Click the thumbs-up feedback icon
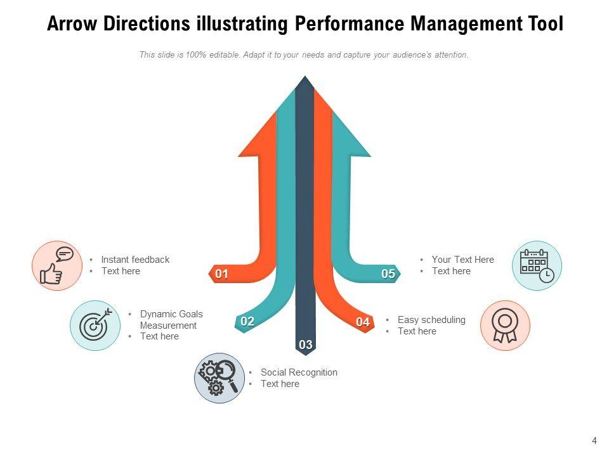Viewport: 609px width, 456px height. coord(57,265)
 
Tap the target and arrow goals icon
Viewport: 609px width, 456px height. coord(95,325)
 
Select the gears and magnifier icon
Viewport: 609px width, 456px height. coord(219,377)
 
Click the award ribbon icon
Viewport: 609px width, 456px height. coord(505,325)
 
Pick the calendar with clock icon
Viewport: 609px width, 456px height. coord(537,265)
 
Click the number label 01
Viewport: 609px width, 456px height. coord(221,274)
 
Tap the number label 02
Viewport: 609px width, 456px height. coord(247,322)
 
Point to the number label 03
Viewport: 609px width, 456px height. coord(306,345)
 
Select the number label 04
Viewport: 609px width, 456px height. coord(363,322)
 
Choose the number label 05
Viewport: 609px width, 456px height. coord(388,274)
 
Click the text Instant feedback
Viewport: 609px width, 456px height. coord(135,260)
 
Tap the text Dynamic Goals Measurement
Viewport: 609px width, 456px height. coord(171,320)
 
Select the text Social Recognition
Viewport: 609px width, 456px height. coord(299,372)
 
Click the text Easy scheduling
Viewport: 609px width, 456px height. coord(431,320)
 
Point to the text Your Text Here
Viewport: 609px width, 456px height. coord(462,260)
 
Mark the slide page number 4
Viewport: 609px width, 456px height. coord(594,441)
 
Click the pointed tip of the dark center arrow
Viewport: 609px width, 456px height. coord(305,79)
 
